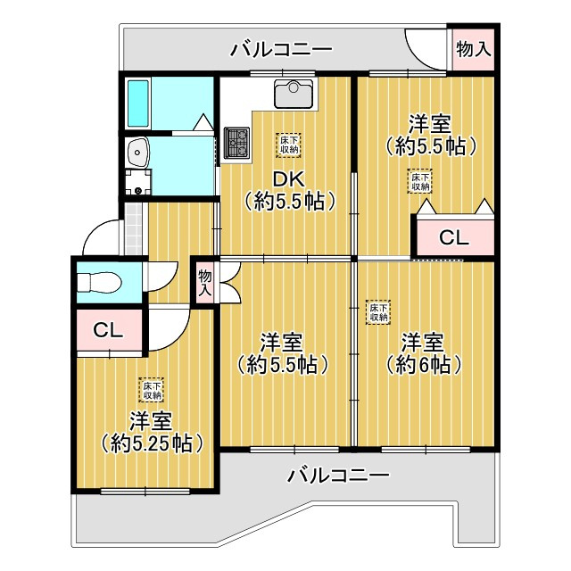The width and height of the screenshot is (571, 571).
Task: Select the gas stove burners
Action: pos(237,143)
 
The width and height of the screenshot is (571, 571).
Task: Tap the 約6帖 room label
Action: pos(423,353)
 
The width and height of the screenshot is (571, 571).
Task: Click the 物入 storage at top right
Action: pos(473,49)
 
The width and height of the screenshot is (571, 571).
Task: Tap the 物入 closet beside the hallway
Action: pos(204,282)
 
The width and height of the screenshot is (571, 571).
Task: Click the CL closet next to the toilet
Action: pos(109,329)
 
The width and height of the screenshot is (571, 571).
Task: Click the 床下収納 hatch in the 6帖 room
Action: pos(377,310)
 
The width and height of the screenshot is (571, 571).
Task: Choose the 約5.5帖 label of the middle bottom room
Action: pos(283,353)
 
